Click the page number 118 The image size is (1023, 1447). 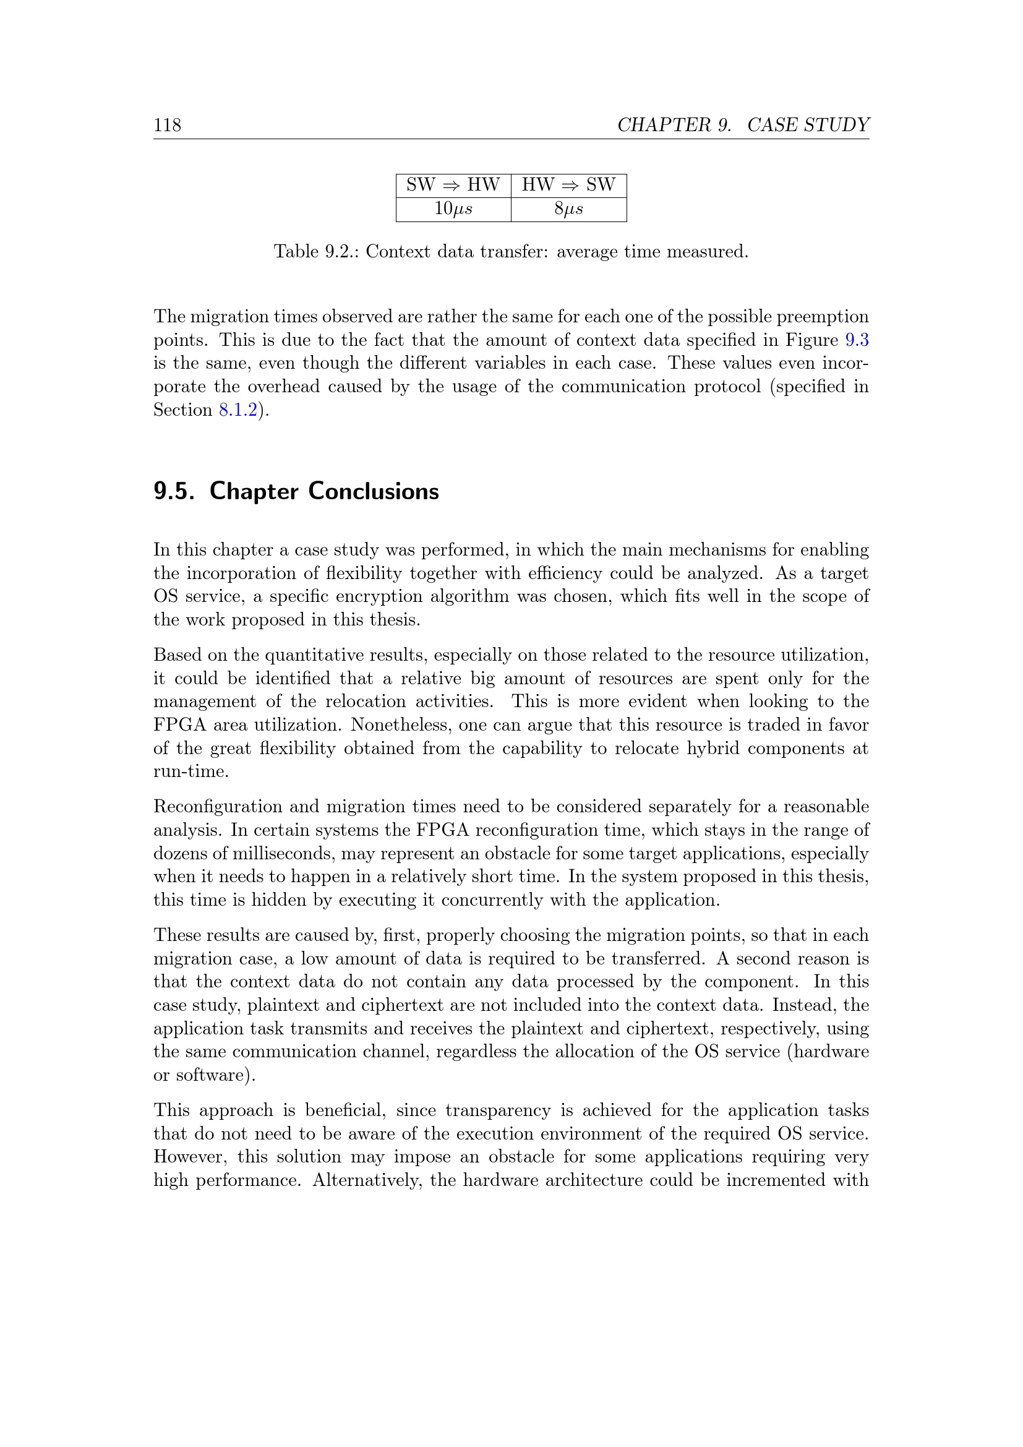click(x=167, y=125)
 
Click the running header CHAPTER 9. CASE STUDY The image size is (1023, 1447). click(x=743, y=125)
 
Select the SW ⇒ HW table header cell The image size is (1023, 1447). click(x=453, y=186)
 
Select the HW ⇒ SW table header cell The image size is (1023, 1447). click(x=568, y=186)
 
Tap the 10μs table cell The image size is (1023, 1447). click(x=453, y=209)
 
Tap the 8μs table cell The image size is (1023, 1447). click(x=568, y=209)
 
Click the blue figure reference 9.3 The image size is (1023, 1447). click(x=857, y=340)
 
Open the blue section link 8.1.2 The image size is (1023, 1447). click(x=238, y=410)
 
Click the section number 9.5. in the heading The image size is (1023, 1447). click(x=174, y=491)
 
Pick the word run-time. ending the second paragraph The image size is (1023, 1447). click(x=191, y=771)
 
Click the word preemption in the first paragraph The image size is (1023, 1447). click(x=827, y=316)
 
